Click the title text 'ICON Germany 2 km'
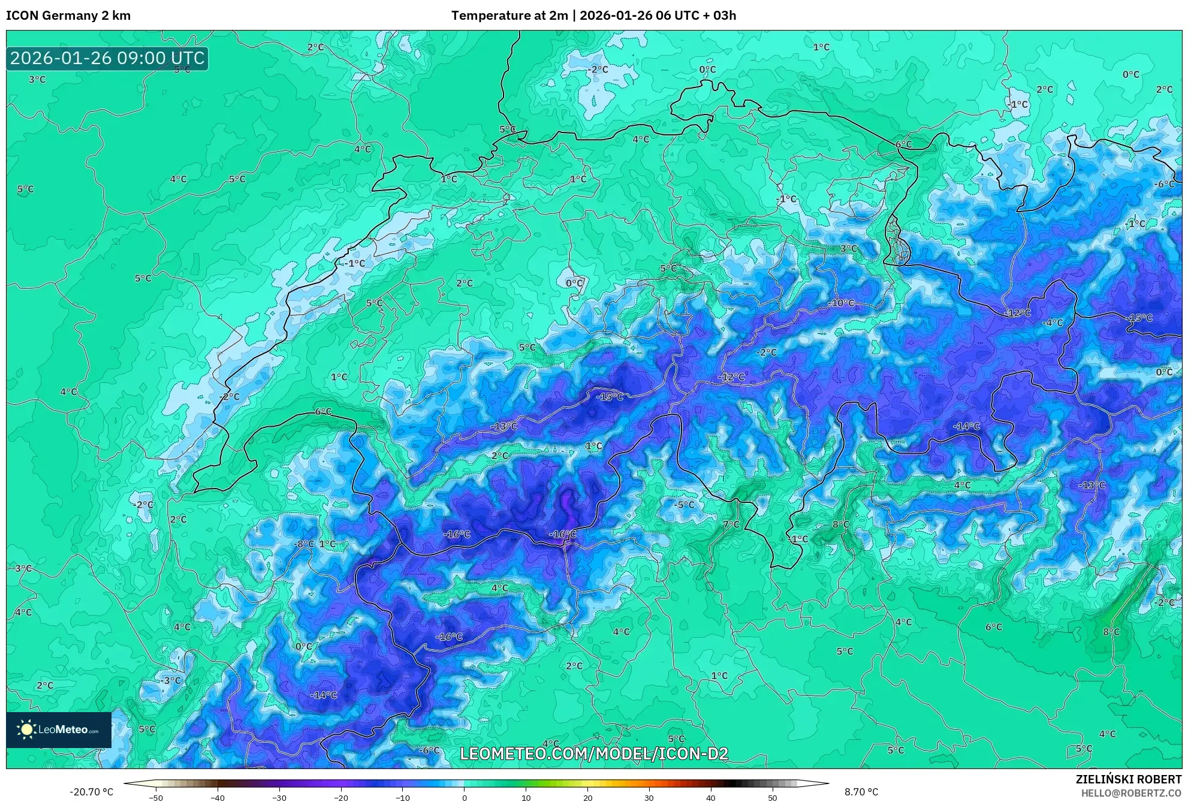point(68,16)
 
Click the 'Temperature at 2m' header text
point(509,16)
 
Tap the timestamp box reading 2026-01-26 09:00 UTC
point(107,58)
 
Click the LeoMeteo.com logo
point(59,729)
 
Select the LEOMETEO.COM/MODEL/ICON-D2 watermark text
point(594,753)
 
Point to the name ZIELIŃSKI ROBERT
point(1128,779)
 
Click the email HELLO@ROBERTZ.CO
point(1130,793)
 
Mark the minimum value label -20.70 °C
point(91,792)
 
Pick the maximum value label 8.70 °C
point(861,792)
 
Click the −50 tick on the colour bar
point(155,798)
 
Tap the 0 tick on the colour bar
point(464,798)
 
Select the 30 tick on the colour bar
point(649,798)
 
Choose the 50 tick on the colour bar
point(773,798)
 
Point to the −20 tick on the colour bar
point(340,798)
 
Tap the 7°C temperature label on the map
point(731,524)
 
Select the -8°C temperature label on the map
point(304,544)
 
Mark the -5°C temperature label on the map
point(684,505)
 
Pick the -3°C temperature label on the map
point(171,680)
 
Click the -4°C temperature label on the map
point(1053,322)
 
